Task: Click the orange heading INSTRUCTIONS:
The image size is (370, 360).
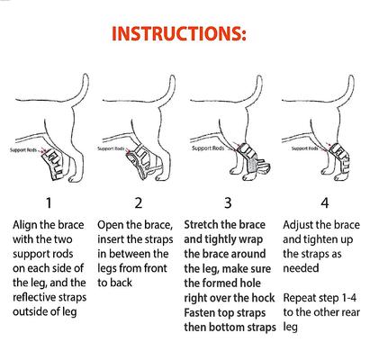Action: (x=185, y=35)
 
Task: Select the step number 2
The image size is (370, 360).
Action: (x=139, y=202)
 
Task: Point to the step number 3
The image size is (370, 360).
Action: (x=229, y=202)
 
